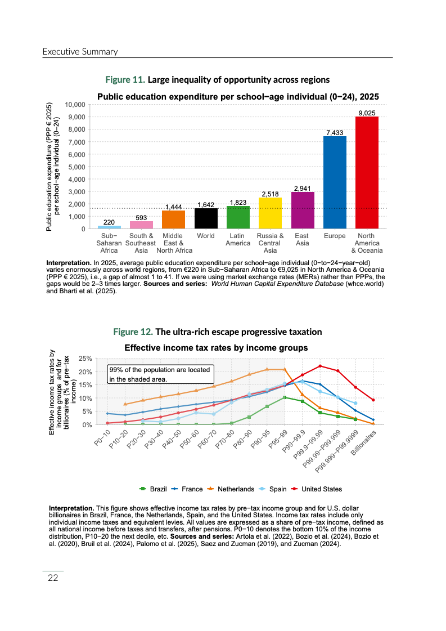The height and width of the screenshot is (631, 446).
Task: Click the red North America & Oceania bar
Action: pos(367,172)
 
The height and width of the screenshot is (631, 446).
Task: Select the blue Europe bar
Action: pos(335,182)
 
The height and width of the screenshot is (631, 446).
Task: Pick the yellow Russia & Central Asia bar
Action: pos(270,213)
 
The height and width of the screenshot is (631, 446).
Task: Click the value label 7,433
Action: pos(335,132)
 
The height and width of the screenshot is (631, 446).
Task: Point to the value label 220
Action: pos(109,222)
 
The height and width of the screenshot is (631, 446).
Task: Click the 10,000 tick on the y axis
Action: pos(74,105)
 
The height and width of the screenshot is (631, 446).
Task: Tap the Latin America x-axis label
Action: pos(238,240)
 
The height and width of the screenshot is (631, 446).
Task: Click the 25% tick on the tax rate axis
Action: pos(85,358)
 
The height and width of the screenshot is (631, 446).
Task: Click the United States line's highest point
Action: pos(320,366)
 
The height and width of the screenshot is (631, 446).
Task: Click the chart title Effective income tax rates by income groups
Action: pos(216,347)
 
